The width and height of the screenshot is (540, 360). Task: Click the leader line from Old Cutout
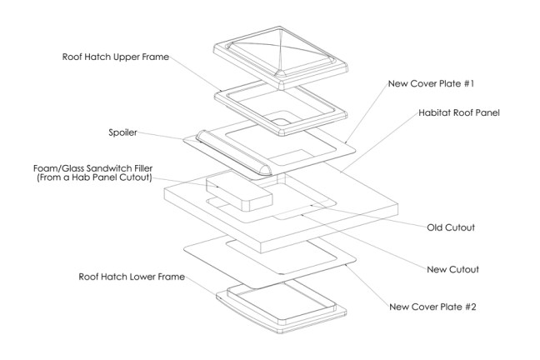(x=367, y=213)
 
